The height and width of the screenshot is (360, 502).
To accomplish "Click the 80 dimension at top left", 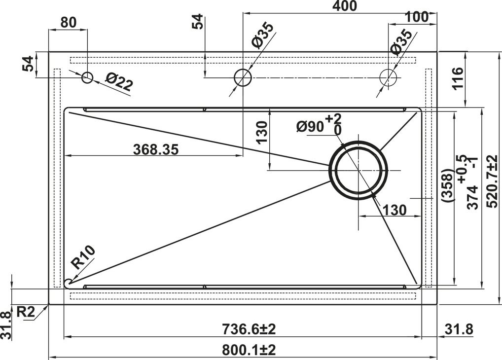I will coord(68,22).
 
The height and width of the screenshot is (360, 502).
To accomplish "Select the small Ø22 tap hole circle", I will coord(87,77).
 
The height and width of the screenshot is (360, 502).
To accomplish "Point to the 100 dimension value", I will coord(417,17).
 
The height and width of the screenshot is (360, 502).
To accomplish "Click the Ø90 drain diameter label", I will coord(311,127).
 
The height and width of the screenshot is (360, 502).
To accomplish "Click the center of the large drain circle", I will coord(359,170).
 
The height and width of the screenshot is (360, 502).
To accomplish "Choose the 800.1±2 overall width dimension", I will coord(249,350).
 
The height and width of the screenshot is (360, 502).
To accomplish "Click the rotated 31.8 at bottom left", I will coord(6,325).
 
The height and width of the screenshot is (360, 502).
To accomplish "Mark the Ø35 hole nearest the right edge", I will coord(388,77).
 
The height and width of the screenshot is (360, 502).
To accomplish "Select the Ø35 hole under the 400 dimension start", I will coord(243,77).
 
